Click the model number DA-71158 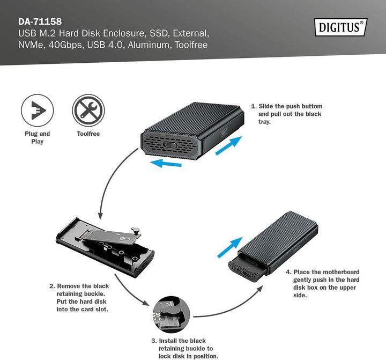pyautogui.click(x=40, y=22)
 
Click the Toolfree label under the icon pyautogui.click(x=88, y=134)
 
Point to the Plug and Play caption pyautogui.click(x=37, y=137)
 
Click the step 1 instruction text pyautogui.click(x=287, y=114)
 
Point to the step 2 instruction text pyautogui.click(x=79, y=298)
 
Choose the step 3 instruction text pyautogui.click(x=183, y=348)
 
